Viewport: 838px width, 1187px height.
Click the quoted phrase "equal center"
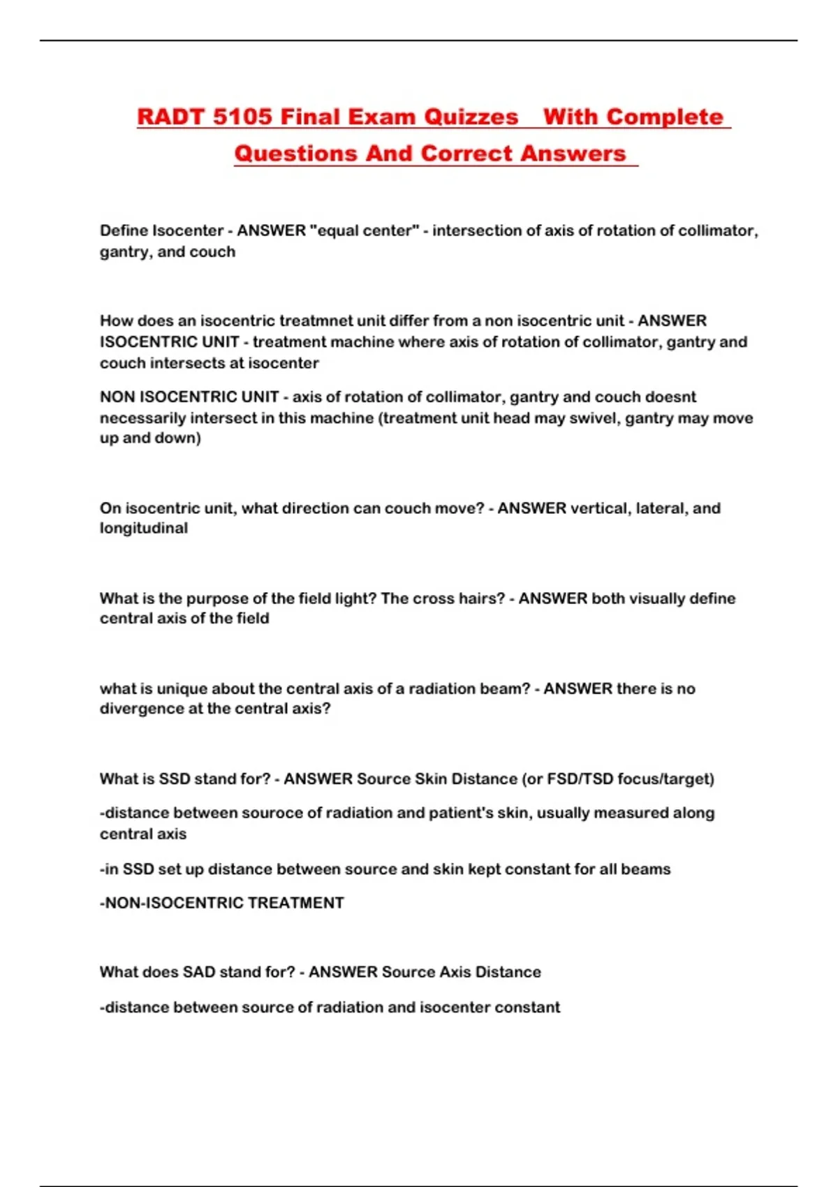pyautogui.click(x=363, y=230)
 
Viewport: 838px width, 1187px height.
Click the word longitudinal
pyautogui.click(x=144, y=529)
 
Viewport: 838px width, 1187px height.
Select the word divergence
pyautogui.click(x=142, y=709)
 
